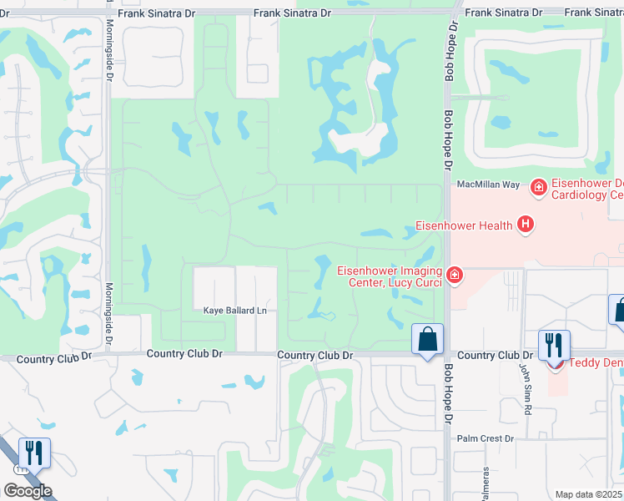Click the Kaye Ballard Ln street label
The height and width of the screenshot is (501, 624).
(235, 311)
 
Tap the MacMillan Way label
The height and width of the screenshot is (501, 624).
(487, 184)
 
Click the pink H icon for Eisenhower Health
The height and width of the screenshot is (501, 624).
(526, 224)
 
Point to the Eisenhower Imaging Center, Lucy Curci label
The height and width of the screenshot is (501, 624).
(389, 276)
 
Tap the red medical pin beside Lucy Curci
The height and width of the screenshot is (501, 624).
(454, 275)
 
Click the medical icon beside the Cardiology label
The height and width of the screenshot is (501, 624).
(540, 187)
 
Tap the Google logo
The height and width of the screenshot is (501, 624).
(28, 491)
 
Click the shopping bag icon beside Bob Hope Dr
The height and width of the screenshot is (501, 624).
(427, 340)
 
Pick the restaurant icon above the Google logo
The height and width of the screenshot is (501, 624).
(34, 453)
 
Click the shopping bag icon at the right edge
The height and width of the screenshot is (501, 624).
(618, 311)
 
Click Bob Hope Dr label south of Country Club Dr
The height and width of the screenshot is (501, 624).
(448, 392)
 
